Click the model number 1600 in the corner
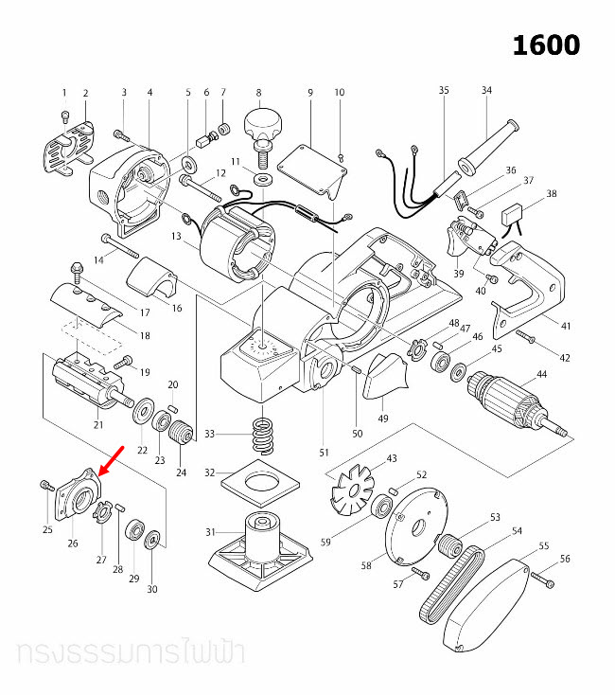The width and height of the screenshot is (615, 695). [546, 45]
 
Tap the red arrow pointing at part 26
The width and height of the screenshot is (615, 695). [110, 465]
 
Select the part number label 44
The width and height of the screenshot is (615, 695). [542, 376]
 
